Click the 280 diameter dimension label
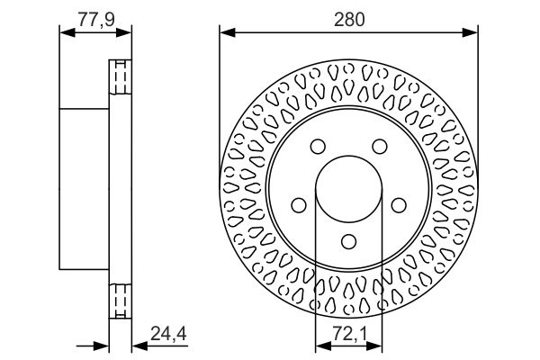click(348, 20)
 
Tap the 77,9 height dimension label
click(95, 20)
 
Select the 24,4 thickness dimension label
click(168, 334)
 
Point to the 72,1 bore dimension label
click(349, 334)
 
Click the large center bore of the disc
click(348, 189)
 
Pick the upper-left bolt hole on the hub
click(318, 147)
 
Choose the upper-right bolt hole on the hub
click(380, 147)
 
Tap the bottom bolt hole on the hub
click(348, 241)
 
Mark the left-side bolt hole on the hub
click(299, 205)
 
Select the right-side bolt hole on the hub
click(399, 205)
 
